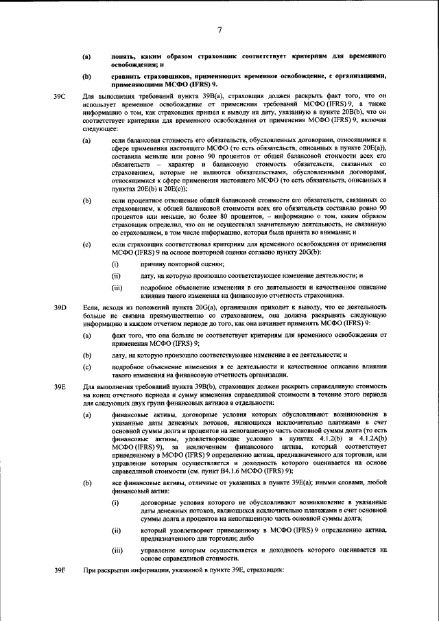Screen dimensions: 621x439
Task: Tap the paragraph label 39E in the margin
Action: click(x=60, y=388)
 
